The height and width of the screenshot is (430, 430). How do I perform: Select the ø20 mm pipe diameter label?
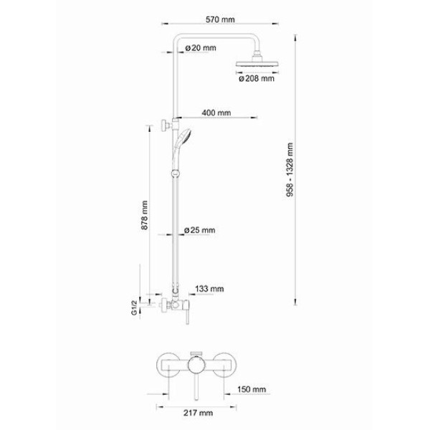tap(201, 48)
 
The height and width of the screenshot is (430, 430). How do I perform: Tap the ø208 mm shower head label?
tap(256, 79)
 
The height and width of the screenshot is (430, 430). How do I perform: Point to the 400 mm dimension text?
tap(216, 113)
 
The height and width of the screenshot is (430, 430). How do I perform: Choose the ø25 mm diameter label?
tap(200, 230)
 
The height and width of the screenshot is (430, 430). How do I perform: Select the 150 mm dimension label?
tap(253, 390)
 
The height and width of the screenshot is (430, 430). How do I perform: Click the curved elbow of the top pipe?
tap(178, 38)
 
